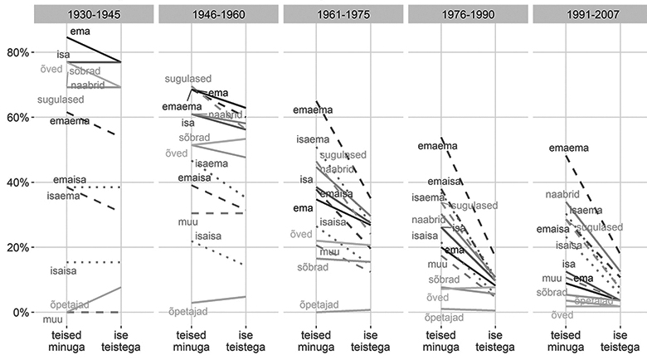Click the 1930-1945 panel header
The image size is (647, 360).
93,15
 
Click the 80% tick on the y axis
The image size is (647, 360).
14,52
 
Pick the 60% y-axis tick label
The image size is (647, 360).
14,117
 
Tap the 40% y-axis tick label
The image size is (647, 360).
14,182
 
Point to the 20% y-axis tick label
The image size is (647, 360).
14,247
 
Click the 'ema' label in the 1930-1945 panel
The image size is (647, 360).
80,32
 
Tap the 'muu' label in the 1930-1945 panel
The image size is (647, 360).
51,318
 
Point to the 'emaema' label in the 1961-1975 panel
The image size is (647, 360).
313,110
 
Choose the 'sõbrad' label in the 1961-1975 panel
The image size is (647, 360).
313,267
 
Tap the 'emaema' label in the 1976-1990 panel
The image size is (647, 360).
437,147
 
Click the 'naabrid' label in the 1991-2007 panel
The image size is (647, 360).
562,195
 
